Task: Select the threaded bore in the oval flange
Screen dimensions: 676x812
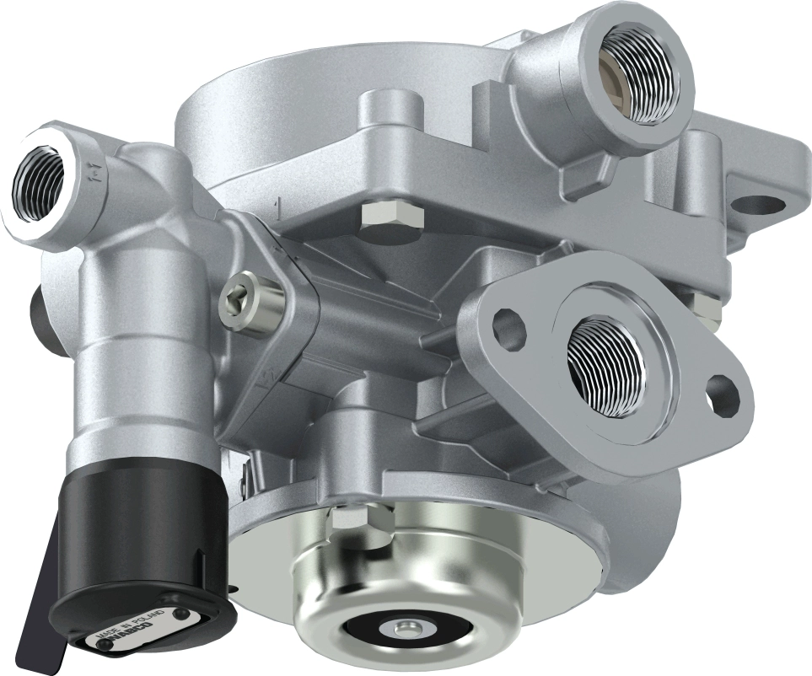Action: click(605, 363)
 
